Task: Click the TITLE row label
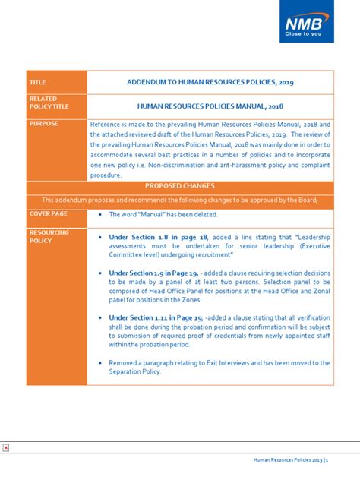(38, 82)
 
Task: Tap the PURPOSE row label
(43, 123)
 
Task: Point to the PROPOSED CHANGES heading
(179, 186)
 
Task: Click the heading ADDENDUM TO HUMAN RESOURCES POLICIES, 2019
(210, 82)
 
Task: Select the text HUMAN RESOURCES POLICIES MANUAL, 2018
(210, 106)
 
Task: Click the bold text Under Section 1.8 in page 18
(152, 237)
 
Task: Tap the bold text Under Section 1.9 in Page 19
(153, 273)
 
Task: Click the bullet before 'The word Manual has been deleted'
(101, 215)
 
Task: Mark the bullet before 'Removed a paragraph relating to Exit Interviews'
(101, 362)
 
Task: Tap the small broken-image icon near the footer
(5, 447)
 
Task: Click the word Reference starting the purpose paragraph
(106, 123)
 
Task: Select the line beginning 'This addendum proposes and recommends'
(179, 200)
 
